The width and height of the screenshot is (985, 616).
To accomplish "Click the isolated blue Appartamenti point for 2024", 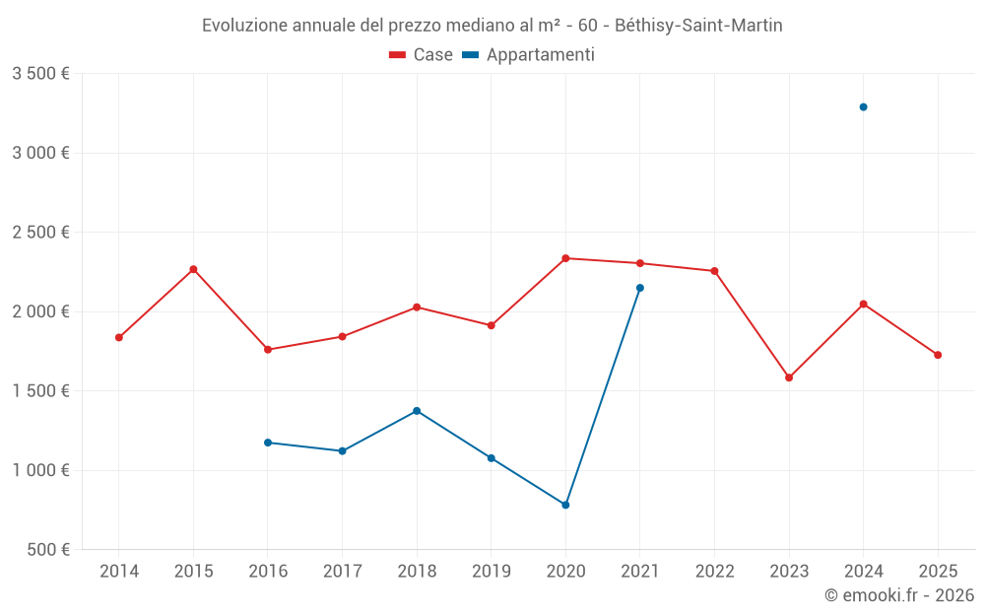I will tap(863, 106).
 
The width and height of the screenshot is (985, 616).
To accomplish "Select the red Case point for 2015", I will tap(193, 269).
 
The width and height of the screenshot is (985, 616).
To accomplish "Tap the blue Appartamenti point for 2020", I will tap(565, 505).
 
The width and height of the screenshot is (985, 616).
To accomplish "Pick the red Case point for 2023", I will tap(789, 377).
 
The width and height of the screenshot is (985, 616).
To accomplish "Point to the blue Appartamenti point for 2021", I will tap(640, 288).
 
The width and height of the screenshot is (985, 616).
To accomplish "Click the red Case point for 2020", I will tap(565, 258).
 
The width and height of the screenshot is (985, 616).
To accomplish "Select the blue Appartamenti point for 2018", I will tap(417, 410).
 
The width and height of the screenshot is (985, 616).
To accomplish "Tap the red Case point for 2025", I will tap(938, 355).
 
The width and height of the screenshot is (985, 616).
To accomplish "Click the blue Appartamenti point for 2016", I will tap(268, 443).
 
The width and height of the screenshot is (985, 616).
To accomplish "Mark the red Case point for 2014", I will tap(119, 337).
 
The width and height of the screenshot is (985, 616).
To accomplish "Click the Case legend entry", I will tap(422, 55).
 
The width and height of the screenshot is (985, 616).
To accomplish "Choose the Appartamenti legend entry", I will tap(529, 55).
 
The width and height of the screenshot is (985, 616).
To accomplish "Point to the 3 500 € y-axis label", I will tap(40, 74).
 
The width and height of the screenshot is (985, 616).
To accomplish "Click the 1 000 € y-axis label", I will tap(40, 470).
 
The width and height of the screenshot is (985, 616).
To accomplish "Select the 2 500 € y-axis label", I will tap(40, 233).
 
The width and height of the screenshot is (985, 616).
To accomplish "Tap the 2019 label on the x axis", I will tap(492, 571).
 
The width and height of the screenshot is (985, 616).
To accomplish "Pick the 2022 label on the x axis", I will tap(714, 571).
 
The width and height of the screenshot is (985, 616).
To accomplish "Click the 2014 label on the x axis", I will tap(119, 571).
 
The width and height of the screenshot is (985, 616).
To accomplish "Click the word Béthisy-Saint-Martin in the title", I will tap(698, 26).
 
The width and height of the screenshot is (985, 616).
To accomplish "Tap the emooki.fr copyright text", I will tap(899, 595).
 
